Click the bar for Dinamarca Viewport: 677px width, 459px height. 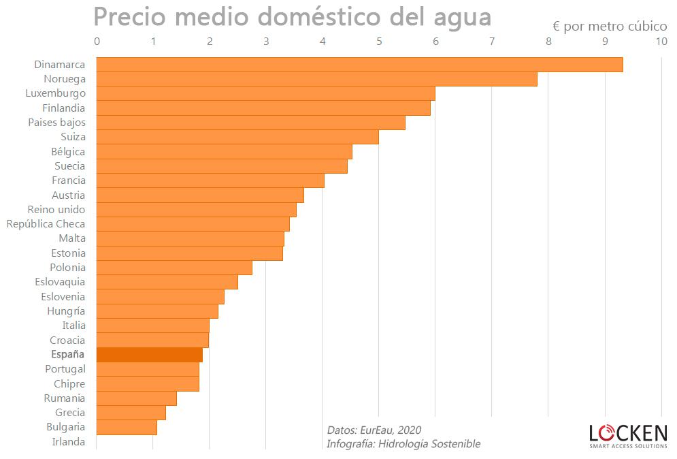pyautogui.click(x=359, y=65)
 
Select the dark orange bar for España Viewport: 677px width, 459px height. pyautogui.click(x=149, y=355)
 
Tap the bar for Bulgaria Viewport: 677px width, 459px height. pyautogui.click(x=127, y=428)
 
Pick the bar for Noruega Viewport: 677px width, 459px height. pyautogui.click(x=316, y=79)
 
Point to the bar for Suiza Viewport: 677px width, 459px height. pyautogui.click(x=237, y=137)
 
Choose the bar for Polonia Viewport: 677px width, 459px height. pyautogui.click(x=174, y=268)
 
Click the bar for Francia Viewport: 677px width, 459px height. pyautogui.click(x=210, y=180)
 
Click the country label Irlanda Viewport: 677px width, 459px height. pyautogui.click(x=69, y=442)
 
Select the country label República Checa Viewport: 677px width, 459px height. pyautogui.click(x=46, y=224)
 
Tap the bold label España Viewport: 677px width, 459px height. pyautogui.click(x=68, y=355)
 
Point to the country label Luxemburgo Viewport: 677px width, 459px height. pyautogui.click(x=56, y=93)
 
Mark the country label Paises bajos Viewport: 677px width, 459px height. pyautogui.click(x=57, y=123)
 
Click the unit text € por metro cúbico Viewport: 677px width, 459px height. pyautogui.click(x=610, y=26)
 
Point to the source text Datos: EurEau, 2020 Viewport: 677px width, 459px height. pyautogui.click(x=374, y=430)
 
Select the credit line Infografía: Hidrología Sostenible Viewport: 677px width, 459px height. pyautogui.click(x=403, y=444)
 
